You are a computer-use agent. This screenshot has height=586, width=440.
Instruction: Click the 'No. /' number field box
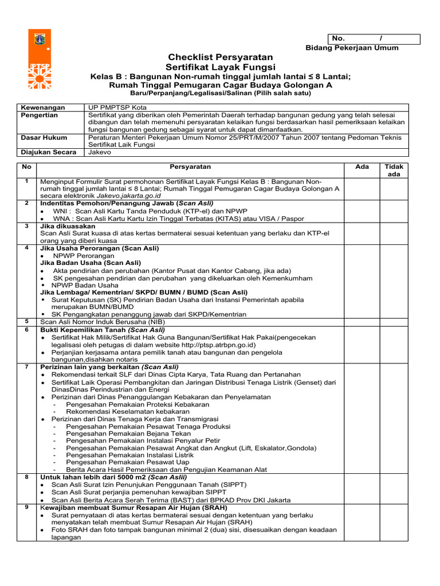click(x=374, y=39)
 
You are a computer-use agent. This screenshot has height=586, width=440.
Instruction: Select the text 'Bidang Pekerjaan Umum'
click(x=352, y=48)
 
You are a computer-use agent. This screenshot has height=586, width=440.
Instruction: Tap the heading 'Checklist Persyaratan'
click(x=220, y=57)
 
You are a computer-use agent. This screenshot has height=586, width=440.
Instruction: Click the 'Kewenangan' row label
click(x=43, y=108)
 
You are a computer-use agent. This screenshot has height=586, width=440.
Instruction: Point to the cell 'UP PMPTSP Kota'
click(x=117, y=108)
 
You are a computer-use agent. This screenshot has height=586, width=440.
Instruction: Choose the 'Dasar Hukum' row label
click(x=44, y=137)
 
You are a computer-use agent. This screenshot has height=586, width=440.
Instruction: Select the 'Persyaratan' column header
click(x=190, y=167)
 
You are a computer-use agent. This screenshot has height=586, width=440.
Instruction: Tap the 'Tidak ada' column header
click(x=394, y=170)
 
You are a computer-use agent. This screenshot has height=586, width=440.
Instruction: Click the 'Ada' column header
click(x=362, y=167)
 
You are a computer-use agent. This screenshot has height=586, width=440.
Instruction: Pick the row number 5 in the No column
click(x=26, y=321)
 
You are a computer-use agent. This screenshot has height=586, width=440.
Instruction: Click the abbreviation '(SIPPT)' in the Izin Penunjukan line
click(x=231, y=484)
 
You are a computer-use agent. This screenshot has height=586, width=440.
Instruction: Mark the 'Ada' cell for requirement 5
click(x=362, y=322)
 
